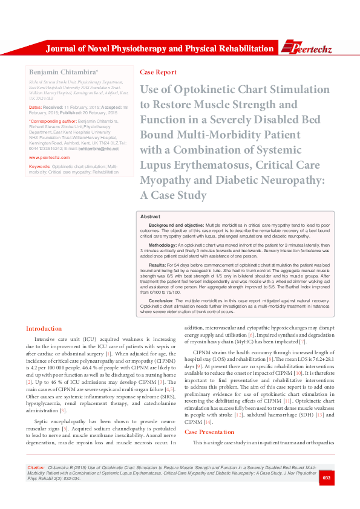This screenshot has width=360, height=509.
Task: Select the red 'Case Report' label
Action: point(158,72)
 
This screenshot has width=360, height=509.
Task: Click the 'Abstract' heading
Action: point(150,216)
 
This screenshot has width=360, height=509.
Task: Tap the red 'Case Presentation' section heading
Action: point(209,432)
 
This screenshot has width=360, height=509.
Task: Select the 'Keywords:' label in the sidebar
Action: point(39,166)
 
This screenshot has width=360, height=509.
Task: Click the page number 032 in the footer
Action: point(343,495)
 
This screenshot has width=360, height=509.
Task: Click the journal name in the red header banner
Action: point(160,48)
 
